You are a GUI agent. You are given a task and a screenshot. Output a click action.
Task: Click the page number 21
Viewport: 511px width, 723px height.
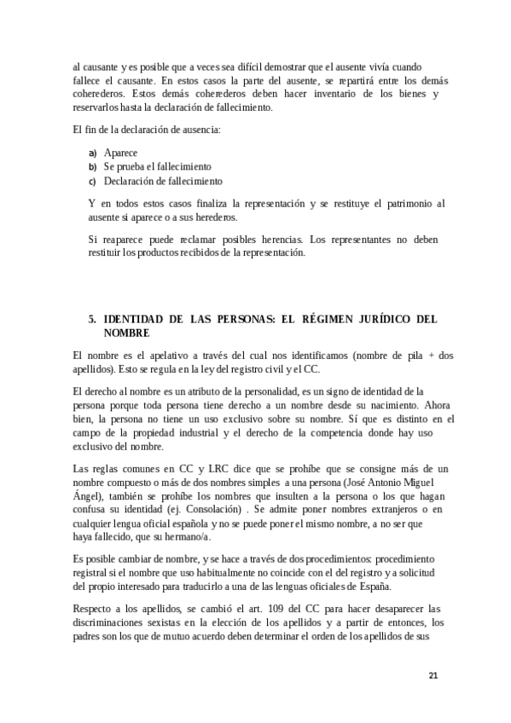coord(433,675)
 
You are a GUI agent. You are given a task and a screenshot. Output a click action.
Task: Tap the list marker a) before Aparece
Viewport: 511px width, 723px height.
coord(92,153)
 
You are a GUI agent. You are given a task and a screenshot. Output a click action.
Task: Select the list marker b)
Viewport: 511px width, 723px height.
coord(92,167)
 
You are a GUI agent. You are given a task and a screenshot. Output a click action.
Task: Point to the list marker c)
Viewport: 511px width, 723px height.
coord(92,182)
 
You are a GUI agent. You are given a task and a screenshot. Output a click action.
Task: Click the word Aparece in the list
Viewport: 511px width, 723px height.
coord(121,153)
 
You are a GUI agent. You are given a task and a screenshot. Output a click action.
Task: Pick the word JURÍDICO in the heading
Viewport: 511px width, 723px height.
coord(386,319)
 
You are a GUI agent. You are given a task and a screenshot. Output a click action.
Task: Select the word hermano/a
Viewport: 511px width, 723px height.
coord(184,535)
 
